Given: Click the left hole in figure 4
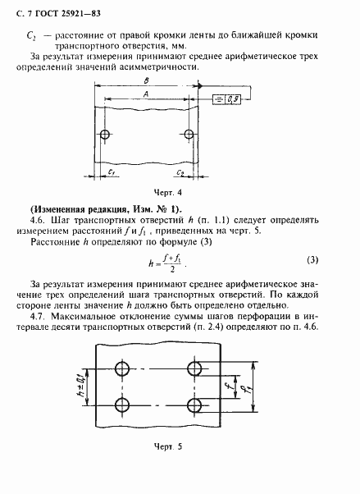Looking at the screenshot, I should (x=103, y=135).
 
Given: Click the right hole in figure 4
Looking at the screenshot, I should (x=189, y=135).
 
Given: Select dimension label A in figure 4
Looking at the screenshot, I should (x=145, y=94).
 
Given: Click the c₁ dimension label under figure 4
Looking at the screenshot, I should (x=110, y=174).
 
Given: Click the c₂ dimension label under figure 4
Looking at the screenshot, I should (x=179, y=174).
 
